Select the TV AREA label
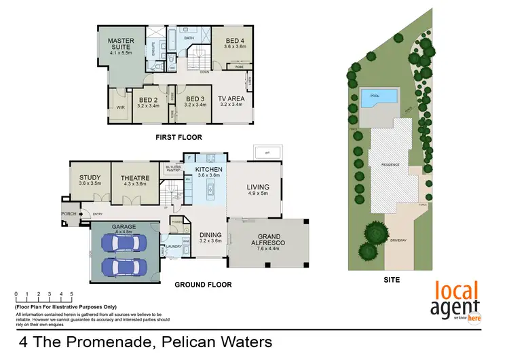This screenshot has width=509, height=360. pyautogui.click(x=231, y=98)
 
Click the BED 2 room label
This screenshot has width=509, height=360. pyautogui.click(x=148, y=98)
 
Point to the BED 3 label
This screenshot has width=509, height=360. pyautogui.click(x=195, y=98)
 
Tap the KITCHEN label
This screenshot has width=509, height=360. pyautogui.click(x=209, y=169)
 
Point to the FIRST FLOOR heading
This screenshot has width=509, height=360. pyautogui.click(x=176, y=136)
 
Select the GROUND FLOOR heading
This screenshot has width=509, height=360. pyautogui.click(x=202, y=285)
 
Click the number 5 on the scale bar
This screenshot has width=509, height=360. pyautogui.click(x=71, y=295)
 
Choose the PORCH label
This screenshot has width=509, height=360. pyautogui.click(x=69, y=213)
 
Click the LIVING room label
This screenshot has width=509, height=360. pyautogui.click(x=258, y=187)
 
